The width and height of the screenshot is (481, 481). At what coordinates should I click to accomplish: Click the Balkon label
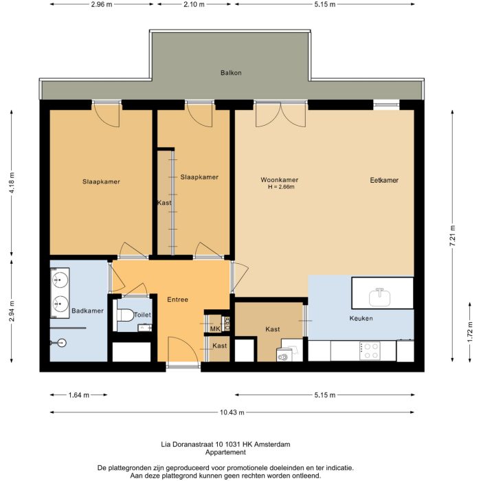231,73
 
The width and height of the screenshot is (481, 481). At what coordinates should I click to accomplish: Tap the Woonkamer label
279,180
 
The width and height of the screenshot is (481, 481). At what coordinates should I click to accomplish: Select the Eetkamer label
384,180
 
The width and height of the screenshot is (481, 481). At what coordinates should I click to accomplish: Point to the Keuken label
361,320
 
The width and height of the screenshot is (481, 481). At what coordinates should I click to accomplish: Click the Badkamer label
87,311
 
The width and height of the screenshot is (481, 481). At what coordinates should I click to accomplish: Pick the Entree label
177,300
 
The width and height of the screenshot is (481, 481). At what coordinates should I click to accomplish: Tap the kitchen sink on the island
379,297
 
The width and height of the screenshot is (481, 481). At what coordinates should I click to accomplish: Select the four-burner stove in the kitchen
369,350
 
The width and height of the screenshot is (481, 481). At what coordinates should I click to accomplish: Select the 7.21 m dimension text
452,237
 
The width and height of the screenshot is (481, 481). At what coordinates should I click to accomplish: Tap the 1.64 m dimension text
78,395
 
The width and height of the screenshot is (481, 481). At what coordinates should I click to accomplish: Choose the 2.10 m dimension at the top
195,4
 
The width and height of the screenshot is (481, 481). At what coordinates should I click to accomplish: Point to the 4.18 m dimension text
11,183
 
